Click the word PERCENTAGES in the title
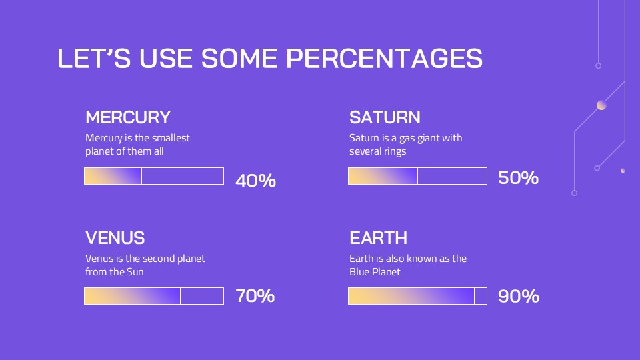click(384, 58)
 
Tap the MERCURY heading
click(128, 117)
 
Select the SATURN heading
click(385, 117)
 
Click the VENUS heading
click(115, 237)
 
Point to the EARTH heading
click(379, 237)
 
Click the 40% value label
click(255, 181)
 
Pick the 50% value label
click(519, 177)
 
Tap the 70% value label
click(255, 296)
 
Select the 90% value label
click(519, 296)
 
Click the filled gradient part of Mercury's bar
click(113, 176)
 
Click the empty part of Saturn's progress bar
click(452, 176)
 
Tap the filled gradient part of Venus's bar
click(132, 296)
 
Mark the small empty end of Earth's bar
click(481, 296)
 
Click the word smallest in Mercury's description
click(171, 137)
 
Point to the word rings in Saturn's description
click(395, 151)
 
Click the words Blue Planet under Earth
click(375, 272)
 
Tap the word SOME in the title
click(239, 58)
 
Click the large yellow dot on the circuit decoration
click(601, 105)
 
